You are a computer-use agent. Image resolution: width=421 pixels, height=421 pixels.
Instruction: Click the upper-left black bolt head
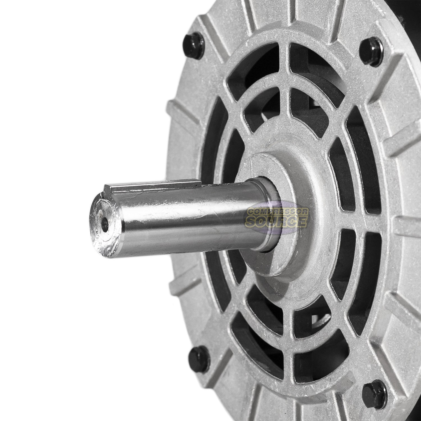(193, 45)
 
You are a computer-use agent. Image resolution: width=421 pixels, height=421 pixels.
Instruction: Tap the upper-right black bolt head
(371, 52)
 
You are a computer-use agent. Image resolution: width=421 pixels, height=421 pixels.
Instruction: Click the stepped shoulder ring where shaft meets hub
(267, 213)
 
